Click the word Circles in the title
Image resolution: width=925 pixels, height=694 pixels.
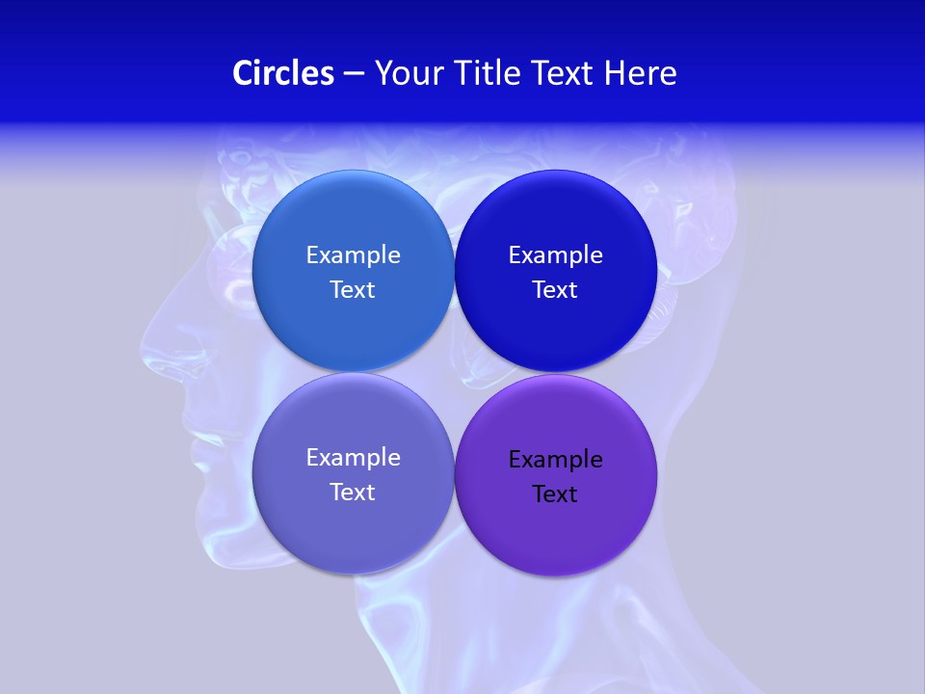283,73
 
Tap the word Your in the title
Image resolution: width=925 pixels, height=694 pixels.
406,73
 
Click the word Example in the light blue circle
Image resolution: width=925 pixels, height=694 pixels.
353,255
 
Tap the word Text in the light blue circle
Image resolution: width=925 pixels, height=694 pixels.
353,290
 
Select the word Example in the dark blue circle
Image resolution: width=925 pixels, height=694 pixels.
555,255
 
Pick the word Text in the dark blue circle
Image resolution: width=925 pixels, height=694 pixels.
555,290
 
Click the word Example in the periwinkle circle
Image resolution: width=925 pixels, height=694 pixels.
353,458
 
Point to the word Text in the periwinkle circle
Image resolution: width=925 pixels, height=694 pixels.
353,493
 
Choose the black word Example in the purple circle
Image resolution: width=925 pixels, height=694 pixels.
555,460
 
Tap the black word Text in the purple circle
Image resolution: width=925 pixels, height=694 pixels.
555,494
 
